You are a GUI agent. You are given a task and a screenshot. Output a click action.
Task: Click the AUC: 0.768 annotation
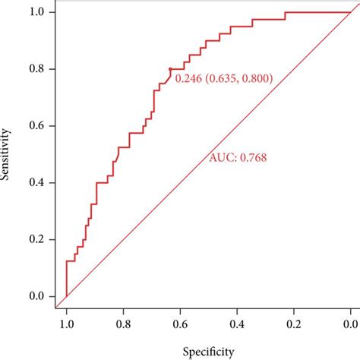[238, 158]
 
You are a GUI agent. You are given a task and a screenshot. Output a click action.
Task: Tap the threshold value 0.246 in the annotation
[188, 78]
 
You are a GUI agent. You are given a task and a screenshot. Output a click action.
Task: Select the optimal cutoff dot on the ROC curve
[170, 69]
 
